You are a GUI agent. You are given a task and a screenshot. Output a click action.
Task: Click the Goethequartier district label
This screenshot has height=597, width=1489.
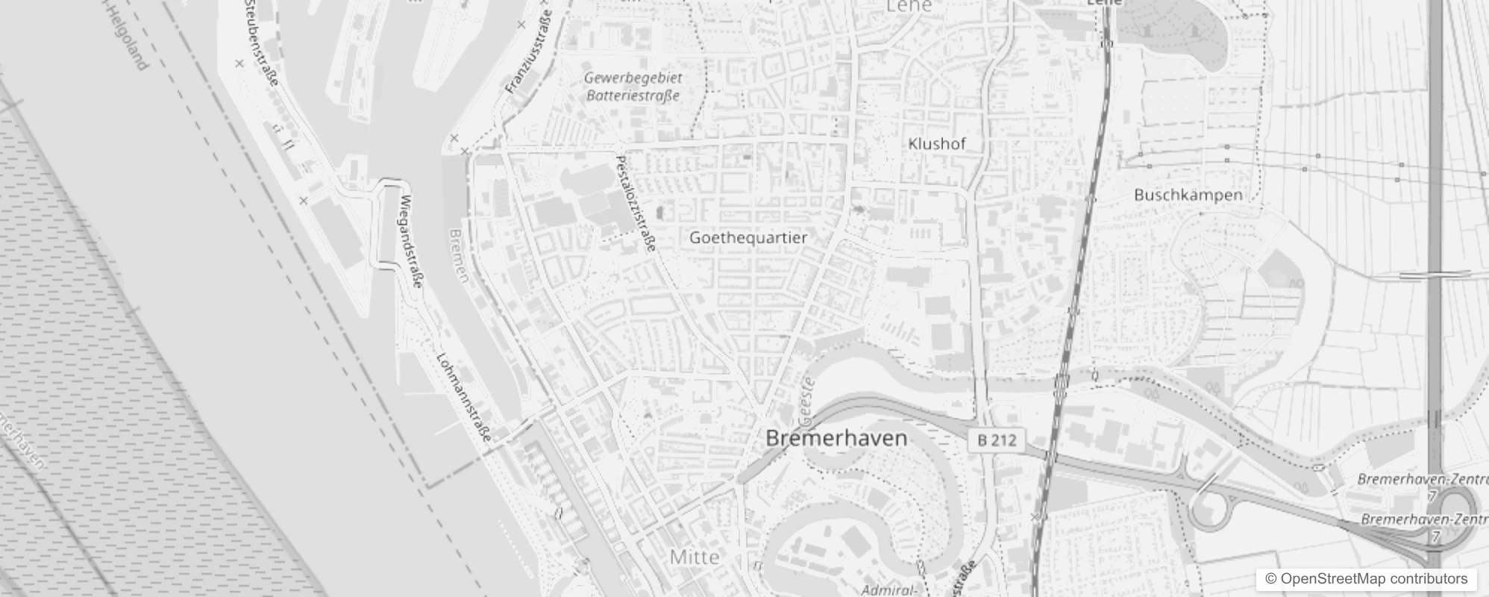click(748, 238)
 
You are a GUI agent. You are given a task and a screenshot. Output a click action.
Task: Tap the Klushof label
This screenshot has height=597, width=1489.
click(937, 144)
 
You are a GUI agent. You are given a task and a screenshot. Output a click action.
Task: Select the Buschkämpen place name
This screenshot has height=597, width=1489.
click(1188, 196)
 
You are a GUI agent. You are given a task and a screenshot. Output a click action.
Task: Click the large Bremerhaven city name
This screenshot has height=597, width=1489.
click(836, 438)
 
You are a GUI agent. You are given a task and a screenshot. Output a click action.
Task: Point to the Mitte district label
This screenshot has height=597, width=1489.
click(695, 557)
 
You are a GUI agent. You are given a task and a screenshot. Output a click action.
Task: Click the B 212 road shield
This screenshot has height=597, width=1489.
click(997, 440)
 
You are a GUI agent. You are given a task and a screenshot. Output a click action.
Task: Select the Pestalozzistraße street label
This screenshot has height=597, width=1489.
click(636, 203)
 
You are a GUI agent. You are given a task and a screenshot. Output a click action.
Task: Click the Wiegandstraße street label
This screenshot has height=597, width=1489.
click(412, 241)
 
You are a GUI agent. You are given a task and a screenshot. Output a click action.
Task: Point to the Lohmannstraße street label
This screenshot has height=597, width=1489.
click(464, 396)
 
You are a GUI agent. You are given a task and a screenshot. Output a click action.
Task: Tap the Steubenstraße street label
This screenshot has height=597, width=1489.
click(261, 41)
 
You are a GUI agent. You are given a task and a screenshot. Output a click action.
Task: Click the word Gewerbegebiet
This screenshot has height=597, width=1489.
click(633, 78)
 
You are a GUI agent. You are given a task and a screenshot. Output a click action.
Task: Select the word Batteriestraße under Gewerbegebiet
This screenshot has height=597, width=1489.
click(633, 96)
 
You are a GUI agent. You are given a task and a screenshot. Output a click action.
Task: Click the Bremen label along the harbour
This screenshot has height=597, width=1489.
click(459, 255)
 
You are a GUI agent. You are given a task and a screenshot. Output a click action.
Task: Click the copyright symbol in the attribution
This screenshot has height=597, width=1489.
click(1271, 579)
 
